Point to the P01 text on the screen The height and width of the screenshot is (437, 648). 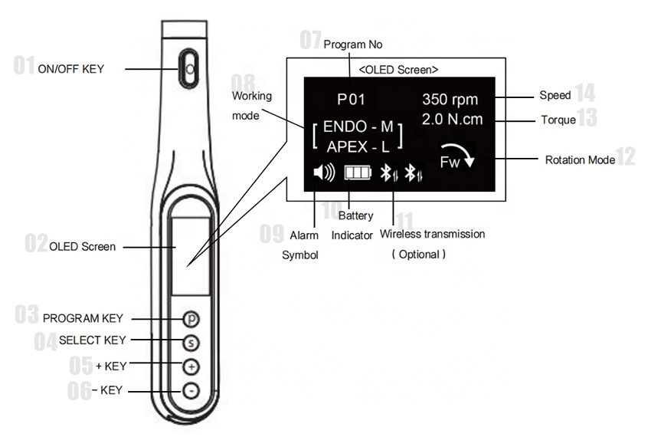[352, 99]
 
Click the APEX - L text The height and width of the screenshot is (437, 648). [357, 147]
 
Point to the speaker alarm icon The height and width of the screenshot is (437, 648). [324, 173]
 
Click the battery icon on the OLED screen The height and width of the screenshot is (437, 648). [356, 173]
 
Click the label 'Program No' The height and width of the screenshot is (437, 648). [353, 44]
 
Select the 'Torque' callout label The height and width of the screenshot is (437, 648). [558, 120]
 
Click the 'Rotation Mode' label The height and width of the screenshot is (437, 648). [580, 160]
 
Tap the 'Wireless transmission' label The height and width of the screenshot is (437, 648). [433, 234]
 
